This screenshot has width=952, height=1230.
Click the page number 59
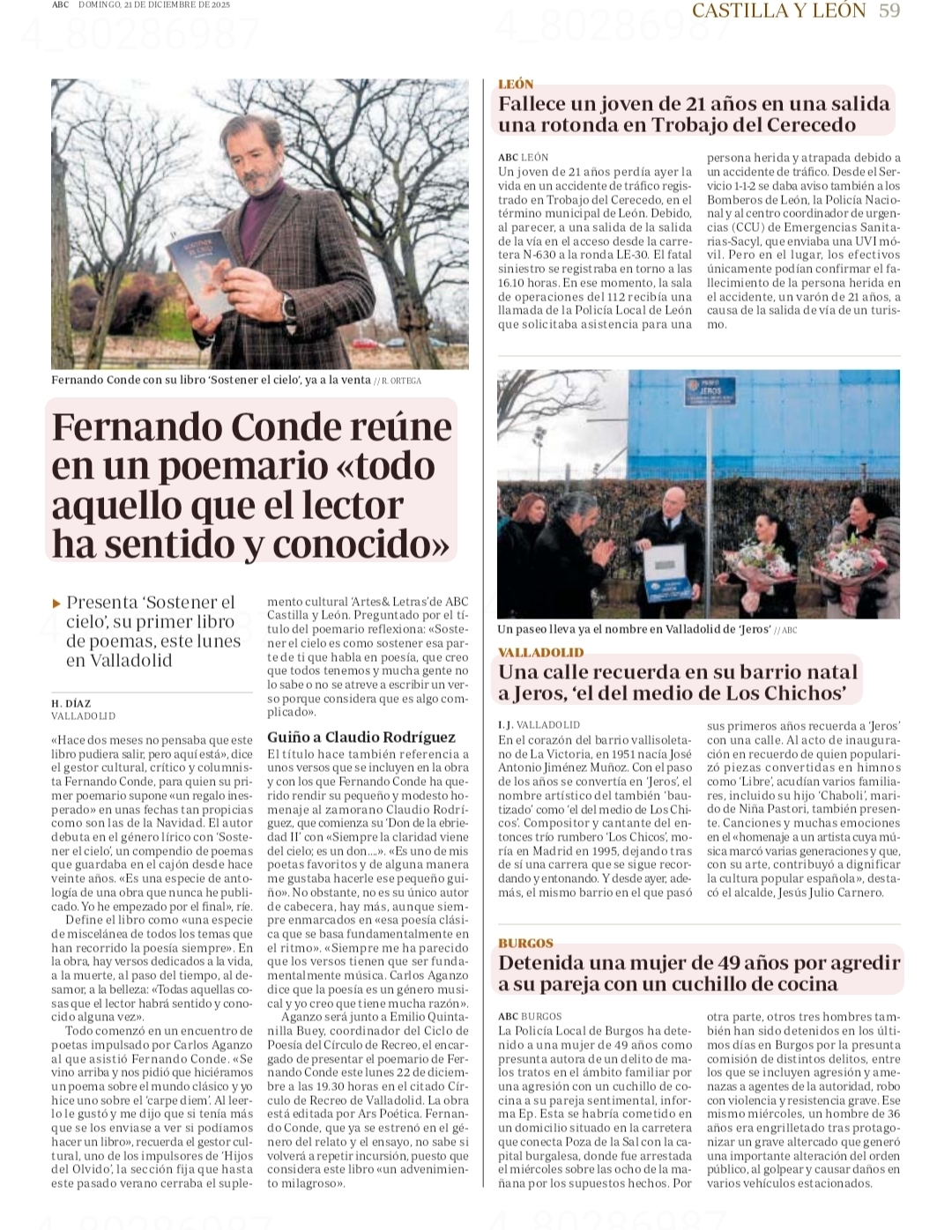889,11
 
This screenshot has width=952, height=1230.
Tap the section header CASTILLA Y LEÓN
778,11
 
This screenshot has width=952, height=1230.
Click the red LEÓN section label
516,84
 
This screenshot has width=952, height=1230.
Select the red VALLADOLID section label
540,652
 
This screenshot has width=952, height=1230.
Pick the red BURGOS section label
525,943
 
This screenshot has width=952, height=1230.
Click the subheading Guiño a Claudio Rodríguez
361,737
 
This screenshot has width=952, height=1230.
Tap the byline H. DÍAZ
71,703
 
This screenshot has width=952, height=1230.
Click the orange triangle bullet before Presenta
57,604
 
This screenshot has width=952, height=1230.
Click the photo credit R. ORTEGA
400,381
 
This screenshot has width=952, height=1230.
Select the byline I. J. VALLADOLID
539,724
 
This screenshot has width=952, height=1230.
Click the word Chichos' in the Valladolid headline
805,693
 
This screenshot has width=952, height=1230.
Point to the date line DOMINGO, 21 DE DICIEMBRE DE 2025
153,5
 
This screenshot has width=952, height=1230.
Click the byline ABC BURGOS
529,1016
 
